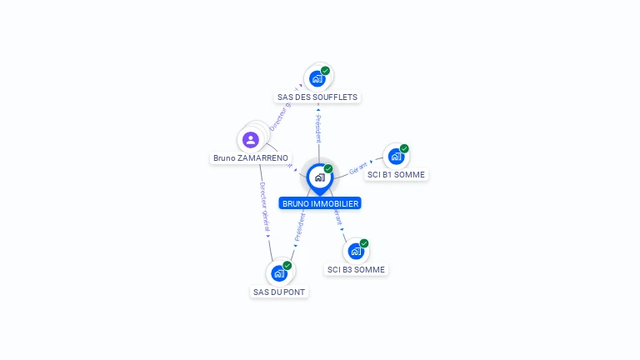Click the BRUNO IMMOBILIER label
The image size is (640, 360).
pos(320,203)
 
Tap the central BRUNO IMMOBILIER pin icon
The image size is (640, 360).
pos(319,177)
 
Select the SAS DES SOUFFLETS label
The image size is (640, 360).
pos(317,97)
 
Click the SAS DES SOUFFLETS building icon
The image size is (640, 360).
pos(317,78)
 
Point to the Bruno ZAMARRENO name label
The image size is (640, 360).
pos(251,157)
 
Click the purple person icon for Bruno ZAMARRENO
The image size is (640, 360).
pos(251,139)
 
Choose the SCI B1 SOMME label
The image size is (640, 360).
pos(397,175)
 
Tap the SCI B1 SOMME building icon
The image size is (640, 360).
pos(397,157)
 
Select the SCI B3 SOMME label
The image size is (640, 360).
pos(357,270)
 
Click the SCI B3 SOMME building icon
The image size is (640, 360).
pos(356,252)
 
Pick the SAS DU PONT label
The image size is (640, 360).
pos(279,292)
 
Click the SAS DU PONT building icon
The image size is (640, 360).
pos(279,273)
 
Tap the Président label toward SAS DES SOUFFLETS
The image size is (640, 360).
pos(317,129)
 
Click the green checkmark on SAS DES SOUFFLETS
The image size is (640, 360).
pos(325,71)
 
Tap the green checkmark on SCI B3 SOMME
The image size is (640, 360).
pos(364,243)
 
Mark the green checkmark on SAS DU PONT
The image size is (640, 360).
pos(287,266)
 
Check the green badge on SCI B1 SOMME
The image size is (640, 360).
pos(404,149)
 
